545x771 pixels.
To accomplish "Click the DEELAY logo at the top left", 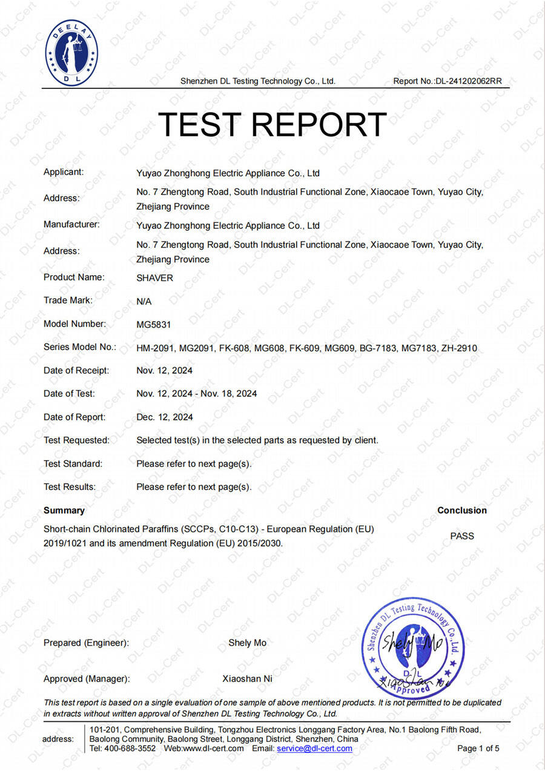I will pos(71,52).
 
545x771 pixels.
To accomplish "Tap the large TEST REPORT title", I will pos(272,124).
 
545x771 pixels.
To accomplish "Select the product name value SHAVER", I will pos(154,278).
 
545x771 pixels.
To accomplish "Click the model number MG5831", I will pos(154,325).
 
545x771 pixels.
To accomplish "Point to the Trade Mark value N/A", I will pos(144,301).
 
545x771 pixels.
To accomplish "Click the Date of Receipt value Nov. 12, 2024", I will pos(165,371).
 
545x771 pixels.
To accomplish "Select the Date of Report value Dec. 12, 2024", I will pos(165,417).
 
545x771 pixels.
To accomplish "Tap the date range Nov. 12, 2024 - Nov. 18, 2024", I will pos(197,394).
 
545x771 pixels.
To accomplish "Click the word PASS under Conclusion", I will pos(462,536).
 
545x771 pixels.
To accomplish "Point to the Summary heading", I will pos(64,511).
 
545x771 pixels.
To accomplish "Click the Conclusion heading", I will pos(462,511).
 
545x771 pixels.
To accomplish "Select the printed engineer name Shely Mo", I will pos(247,643).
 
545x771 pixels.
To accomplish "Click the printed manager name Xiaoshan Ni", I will pos(247,679).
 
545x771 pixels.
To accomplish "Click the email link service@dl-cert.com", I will pos(314,749).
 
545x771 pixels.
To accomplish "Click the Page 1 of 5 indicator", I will pos(478,749).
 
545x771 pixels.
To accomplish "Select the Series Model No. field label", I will pos(79,348).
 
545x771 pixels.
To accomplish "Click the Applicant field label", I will pos(64,172).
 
